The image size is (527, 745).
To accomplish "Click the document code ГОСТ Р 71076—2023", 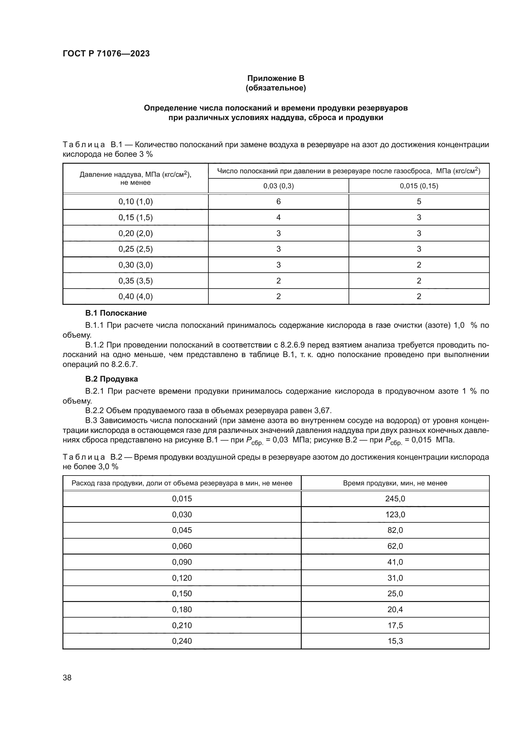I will [106, 54].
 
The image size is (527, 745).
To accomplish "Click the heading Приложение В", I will [276, 78].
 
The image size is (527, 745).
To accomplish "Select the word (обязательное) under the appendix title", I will [276, 88].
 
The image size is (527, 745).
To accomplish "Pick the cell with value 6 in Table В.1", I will [278, 202].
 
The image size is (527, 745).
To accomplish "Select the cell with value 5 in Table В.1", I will [419, 202].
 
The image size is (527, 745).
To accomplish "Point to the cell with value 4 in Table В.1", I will [278, 218].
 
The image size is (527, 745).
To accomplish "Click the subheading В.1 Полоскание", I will [116, 313].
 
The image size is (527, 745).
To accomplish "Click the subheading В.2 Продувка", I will [111, 379].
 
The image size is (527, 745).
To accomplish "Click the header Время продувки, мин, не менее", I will [395, 483].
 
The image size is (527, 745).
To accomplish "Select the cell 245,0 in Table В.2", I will [395, 499].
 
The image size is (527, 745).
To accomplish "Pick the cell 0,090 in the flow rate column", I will [182, 562].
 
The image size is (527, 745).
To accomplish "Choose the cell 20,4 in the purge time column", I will [395, 609].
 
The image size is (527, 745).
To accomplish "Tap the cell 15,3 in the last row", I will [395, 641].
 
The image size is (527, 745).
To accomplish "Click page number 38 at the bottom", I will [67, 677].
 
